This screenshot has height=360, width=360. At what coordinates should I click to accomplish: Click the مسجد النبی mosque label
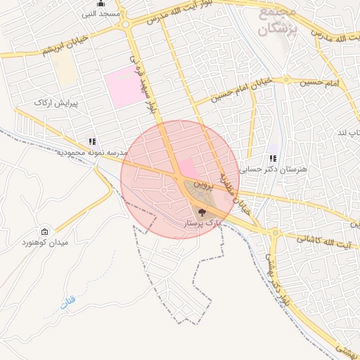(101, 13)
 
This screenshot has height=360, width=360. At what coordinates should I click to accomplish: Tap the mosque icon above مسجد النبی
(101, 4)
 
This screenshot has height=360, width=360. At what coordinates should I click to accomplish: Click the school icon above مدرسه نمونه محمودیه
(91, 141)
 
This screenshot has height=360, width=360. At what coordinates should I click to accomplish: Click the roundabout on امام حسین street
(286, 79)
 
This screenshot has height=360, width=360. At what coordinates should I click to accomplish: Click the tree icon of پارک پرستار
(201, 210)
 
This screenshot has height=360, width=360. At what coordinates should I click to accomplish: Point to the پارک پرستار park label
(201, 221)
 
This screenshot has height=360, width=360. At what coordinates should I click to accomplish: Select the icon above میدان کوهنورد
(46, 232)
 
